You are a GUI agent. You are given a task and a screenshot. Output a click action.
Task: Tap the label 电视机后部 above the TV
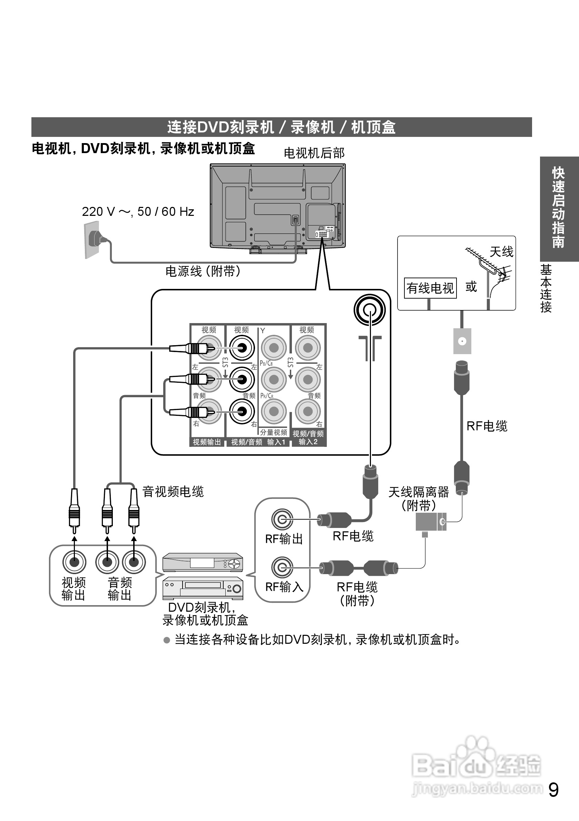click(314, 153)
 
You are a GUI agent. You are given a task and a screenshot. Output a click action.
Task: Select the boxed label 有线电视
click(430, 288)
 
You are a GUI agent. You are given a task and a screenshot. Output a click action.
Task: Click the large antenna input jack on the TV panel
click(369, 310)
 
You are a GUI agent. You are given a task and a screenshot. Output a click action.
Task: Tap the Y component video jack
click(274, 348)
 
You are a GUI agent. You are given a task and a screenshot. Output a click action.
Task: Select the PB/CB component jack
click(274, 379)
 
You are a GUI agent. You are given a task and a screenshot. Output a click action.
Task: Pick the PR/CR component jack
click(274, 411)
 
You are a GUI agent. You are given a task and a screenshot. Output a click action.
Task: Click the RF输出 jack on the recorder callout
click(282, 519)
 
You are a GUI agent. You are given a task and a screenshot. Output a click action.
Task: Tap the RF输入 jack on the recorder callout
click(282, 567)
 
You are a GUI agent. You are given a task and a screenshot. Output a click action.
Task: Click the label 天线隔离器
click(418, 492)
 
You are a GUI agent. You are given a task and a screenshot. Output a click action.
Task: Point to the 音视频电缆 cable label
click(173, 492)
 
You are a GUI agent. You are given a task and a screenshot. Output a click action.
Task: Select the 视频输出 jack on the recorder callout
click(74, 562)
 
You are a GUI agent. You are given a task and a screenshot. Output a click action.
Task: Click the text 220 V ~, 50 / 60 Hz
click(138, 212)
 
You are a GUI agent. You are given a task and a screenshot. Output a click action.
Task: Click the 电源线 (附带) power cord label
click(203, 271)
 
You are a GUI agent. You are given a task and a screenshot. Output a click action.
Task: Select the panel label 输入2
click(308, 442)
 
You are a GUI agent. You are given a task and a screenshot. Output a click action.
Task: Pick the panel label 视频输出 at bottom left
click(207, 442)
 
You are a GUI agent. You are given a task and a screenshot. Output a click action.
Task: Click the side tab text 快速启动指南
click(558, 207)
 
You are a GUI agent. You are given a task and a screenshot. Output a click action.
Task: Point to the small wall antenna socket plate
click(462, 341)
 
